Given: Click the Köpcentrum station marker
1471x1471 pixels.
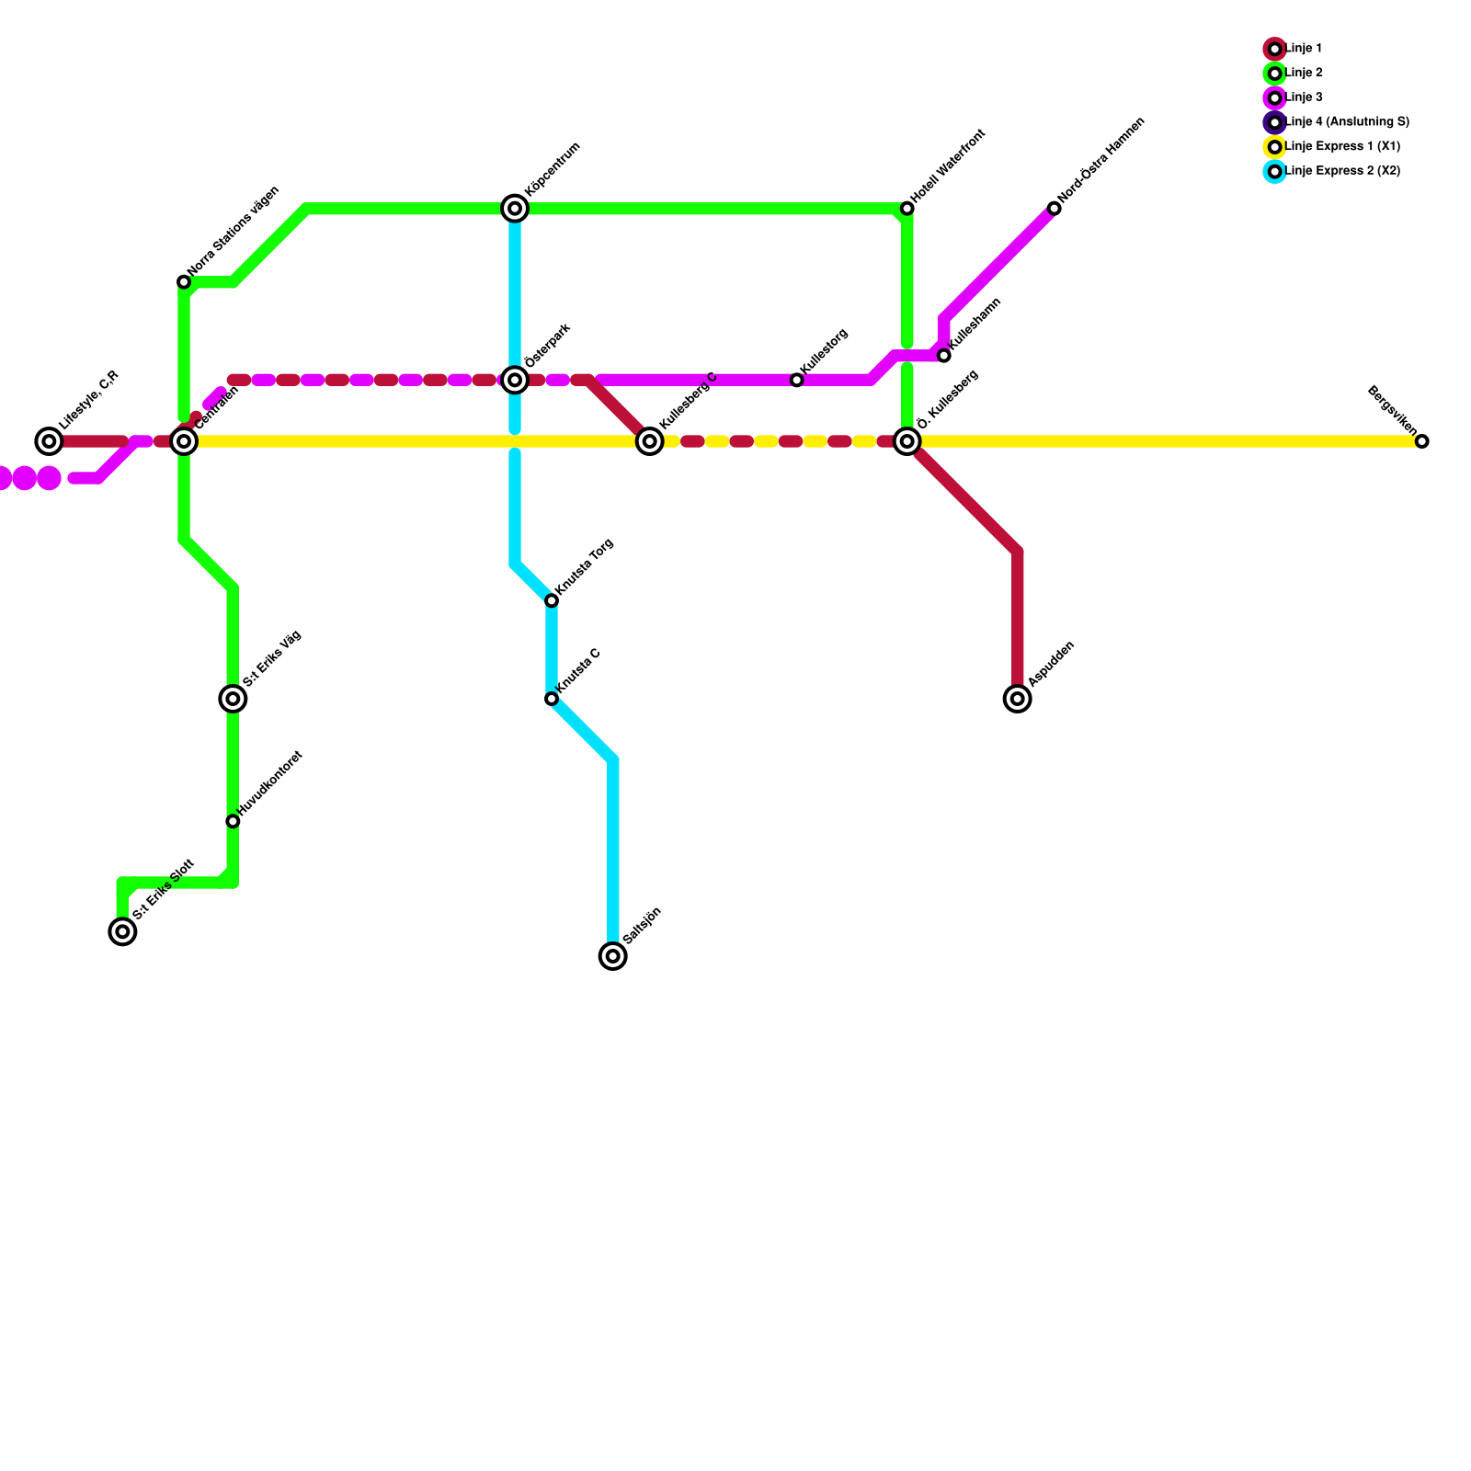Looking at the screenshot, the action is (515, 209).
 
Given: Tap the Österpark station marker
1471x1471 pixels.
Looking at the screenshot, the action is (515, 380).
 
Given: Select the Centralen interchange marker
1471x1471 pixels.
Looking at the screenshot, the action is (184, 441).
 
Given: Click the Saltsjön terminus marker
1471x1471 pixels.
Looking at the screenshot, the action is (613, 956).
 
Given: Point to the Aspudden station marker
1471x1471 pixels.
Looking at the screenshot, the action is (1017, 699).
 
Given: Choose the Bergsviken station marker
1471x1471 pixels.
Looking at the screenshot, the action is (1421, 441).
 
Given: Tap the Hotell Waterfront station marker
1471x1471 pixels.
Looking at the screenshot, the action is (907, 209).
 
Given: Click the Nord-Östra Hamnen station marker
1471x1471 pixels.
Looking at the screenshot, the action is (1054, 209).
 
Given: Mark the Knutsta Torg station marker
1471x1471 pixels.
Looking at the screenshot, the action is (552, 600).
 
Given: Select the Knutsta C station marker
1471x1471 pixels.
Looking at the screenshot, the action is (552, 699).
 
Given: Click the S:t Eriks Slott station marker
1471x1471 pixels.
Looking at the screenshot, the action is (122, 931).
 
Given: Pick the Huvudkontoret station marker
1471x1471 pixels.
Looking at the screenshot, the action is (234, 821).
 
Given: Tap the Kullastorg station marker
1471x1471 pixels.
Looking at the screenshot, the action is (797, 380).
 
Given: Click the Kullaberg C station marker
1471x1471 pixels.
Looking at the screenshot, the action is (650, 441).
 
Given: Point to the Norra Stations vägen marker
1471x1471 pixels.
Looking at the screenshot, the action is (184, 282).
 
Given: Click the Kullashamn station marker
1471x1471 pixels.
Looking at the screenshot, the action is (944, 356).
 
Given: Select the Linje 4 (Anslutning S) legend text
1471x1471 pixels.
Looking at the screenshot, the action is (1347, 122).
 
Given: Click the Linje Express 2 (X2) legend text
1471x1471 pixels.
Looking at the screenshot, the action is (1342, 171).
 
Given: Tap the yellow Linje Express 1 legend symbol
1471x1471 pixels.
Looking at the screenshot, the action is (1274, 147).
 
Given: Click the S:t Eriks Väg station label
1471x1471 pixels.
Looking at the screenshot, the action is (272, 659).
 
